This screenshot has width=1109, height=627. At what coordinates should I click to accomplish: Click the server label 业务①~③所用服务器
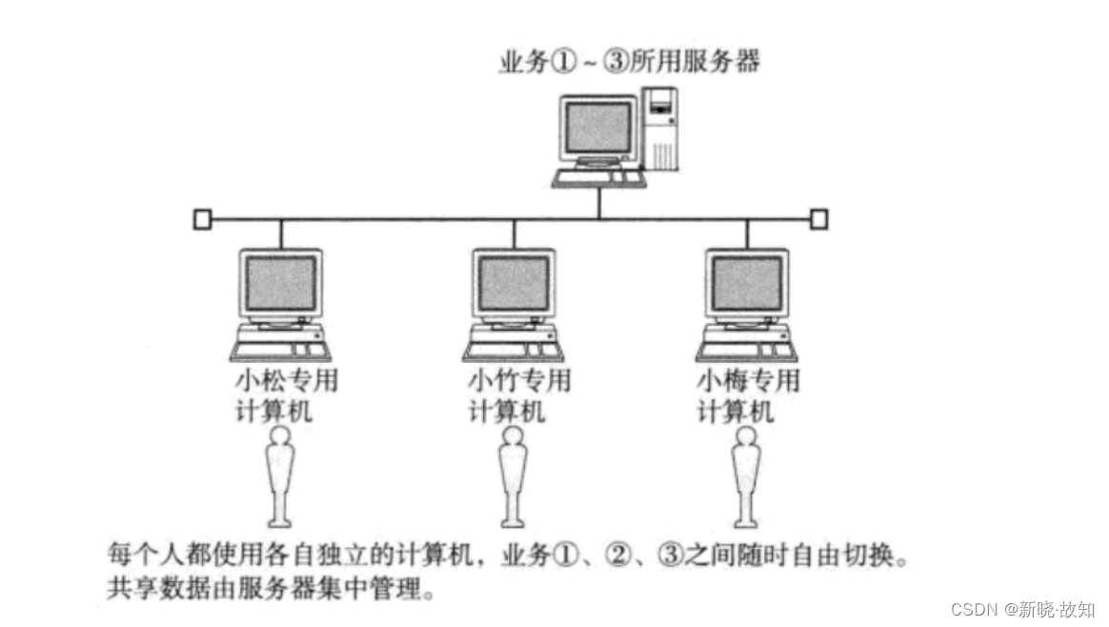(x=630, y=63)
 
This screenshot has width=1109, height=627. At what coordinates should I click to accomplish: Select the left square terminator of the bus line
(x=201, y=219)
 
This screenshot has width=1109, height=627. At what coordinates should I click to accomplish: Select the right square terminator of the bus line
(x=818, y=219)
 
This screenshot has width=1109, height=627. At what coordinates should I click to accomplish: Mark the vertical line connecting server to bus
(x=598, y=202)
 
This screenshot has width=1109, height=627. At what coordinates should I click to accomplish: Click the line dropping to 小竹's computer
(x=514, y=233)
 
